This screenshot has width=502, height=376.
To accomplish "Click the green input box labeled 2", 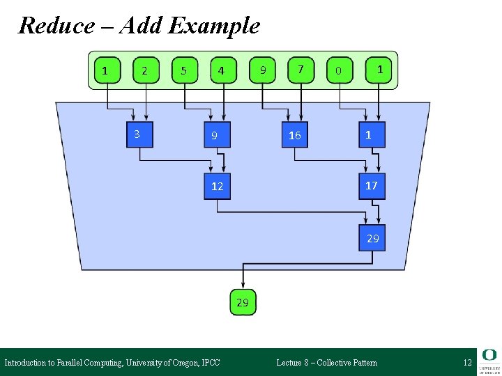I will (x=144, y=70).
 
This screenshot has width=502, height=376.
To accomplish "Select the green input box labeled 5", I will (x=183, y=70).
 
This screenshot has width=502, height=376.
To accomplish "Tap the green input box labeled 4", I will (x=222, y=70).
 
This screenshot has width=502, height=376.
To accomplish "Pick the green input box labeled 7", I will (x=300, y=70).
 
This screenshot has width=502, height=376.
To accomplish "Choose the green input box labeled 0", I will (x=339, y=70).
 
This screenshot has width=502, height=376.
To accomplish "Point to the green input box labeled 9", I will (x=261, y=70).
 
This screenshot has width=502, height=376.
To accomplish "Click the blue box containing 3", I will (x=139, y=134).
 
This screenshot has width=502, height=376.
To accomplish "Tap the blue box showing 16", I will (x=294, y=135).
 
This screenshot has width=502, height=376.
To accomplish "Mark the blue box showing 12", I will (x=217, y=187).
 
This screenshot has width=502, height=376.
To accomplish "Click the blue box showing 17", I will (x=372, y=186).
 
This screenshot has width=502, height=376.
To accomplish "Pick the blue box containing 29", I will (x=372, y=238).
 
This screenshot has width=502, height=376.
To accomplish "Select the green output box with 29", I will (x=243, y=303).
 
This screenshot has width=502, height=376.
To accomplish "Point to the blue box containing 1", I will (x=370, y=134).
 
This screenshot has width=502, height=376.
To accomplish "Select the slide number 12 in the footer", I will (x=467, y=362).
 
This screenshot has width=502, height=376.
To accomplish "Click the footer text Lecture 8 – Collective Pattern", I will (x=326, y=362).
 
